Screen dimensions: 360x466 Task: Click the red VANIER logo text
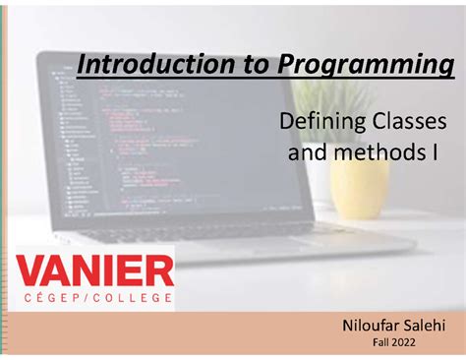point(96,269)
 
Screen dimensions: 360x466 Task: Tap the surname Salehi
point(424,326)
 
